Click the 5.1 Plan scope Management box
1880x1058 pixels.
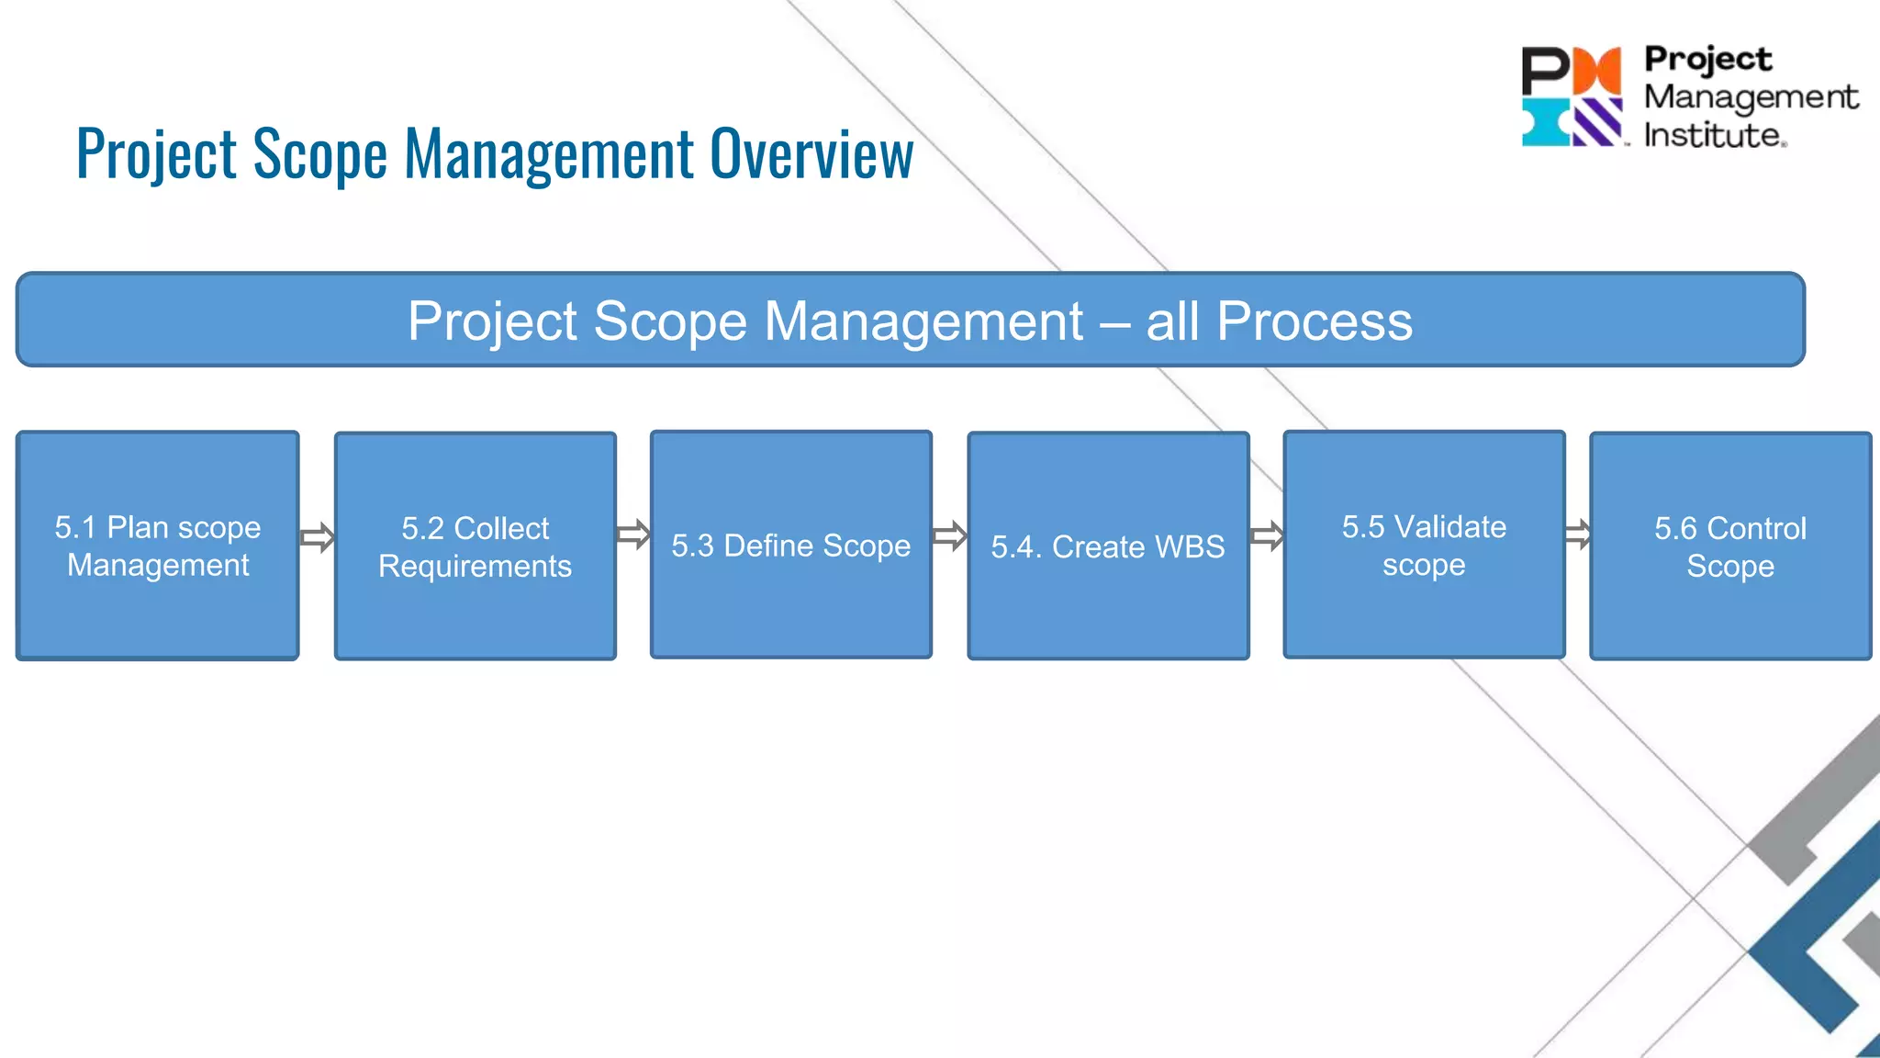(157, 546)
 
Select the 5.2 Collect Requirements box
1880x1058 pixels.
(475, 546)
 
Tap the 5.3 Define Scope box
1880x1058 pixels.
(790, 545)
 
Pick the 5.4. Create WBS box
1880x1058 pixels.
(1108, 546)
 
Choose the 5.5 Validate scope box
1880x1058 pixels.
(1424, 545)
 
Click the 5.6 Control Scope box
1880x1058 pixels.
(1729, 546)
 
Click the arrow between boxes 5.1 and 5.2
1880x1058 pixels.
(317, 537)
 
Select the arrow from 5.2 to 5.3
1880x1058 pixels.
(633, 535)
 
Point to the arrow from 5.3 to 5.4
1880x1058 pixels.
(949, 535)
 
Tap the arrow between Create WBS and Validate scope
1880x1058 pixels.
(1267, 535)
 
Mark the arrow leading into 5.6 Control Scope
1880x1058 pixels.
(1577, 534)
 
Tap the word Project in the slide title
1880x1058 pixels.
(156, 154)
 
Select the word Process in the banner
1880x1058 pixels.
(1314, 321)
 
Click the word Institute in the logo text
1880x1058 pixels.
(1713, 136)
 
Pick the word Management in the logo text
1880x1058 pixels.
(1750, 96)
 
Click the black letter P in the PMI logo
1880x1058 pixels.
(1546, 71)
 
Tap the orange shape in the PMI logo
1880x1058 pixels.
(1598, 71)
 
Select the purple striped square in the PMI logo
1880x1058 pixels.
(1598, 122)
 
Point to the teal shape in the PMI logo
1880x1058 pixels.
(1545, 123)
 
